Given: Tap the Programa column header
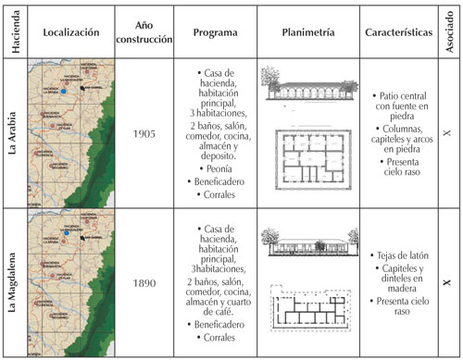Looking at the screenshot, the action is [x=211, y=31].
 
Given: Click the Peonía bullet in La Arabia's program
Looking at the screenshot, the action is [x=212, y=169].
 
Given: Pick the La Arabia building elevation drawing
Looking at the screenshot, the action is [x=302, y=89].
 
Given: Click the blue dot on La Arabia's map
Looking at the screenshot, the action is [x=63, y=93].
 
